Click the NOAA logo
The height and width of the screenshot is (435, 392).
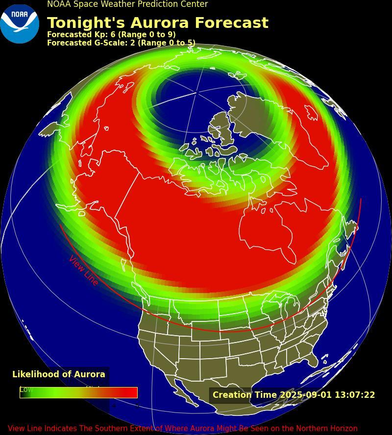tap(20, 23)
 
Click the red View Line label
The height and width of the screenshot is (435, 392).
tap(84, 270)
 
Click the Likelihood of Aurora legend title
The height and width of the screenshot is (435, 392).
tap(59, 374)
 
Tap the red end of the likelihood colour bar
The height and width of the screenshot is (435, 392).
tap(131, 392)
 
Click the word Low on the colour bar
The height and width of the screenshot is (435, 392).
tap(26, 389)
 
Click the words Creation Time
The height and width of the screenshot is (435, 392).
tap(245, 395)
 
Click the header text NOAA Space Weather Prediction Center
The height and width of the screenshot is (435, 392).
tap(127, 4)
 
